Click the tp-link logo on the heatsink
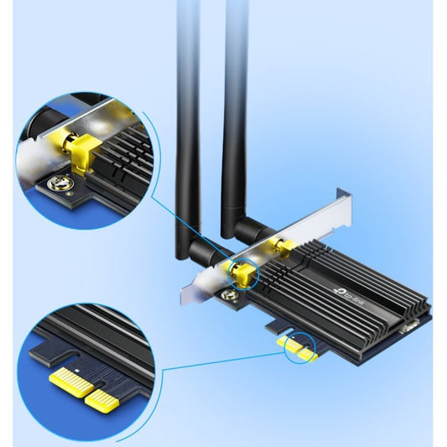[349, 299]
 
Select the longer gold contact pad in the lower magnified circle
[71, 382]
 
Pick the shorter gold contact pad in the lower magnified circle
[101, 398]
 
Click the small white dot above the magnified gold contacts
[76, 370]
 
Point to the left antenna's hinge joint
[203, 250]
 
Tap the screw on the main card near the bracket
[229, 294]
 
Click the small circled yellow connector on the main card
[241, 274]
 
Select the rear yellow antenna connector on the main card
[283, 247]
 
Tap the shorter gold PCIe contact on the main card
[308, 356]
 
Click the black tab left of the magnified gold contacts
[54, 352]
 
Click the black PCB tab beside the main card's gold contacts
[278, 327]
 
